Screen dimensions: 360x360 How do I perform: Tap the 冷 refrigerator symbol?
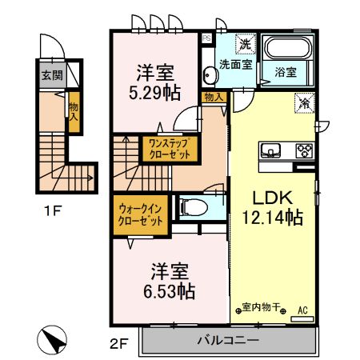304,102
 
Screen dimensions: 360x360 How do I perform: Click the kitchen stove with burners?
304,150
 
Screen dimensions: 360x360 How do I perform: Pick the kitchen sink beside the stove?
270,150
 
